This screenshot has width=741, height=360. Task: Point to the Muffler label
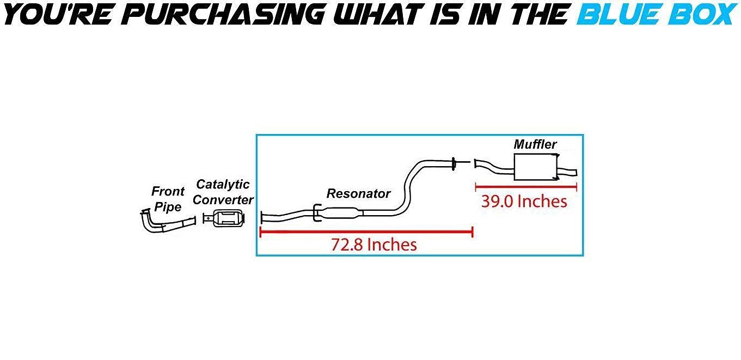[x=535, y=144]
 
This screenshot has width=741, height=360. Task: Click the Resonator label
[x=359, y=193]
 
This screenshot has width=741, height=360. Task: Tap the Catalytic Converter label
[x=223, y=192]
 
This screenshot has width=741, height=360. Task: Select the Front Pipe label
[x=168, y=199]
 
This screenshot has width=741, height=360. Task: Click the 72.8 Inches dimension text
[x=374, y=245]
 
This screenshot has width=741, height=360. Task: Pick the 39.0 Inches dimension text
[x=524, y=202]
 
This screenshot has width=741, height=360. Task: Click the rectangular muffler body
[x=536, y=167]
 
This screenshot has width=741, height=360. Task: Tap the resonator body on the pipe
[x=341, y=213]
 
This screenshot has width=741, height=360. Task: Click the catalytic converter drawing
[x=224, y=218]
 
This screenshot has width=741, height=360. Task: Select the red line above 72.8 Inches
[x=366, y=232]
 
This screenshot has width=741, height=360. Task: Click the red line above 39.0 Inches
[x=526, y=187]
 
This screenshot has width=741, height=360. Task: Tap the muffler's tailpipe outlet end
[x=576, y=173]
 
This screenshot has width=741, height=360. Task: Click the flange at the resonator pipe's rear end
[x=454, y=164]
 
